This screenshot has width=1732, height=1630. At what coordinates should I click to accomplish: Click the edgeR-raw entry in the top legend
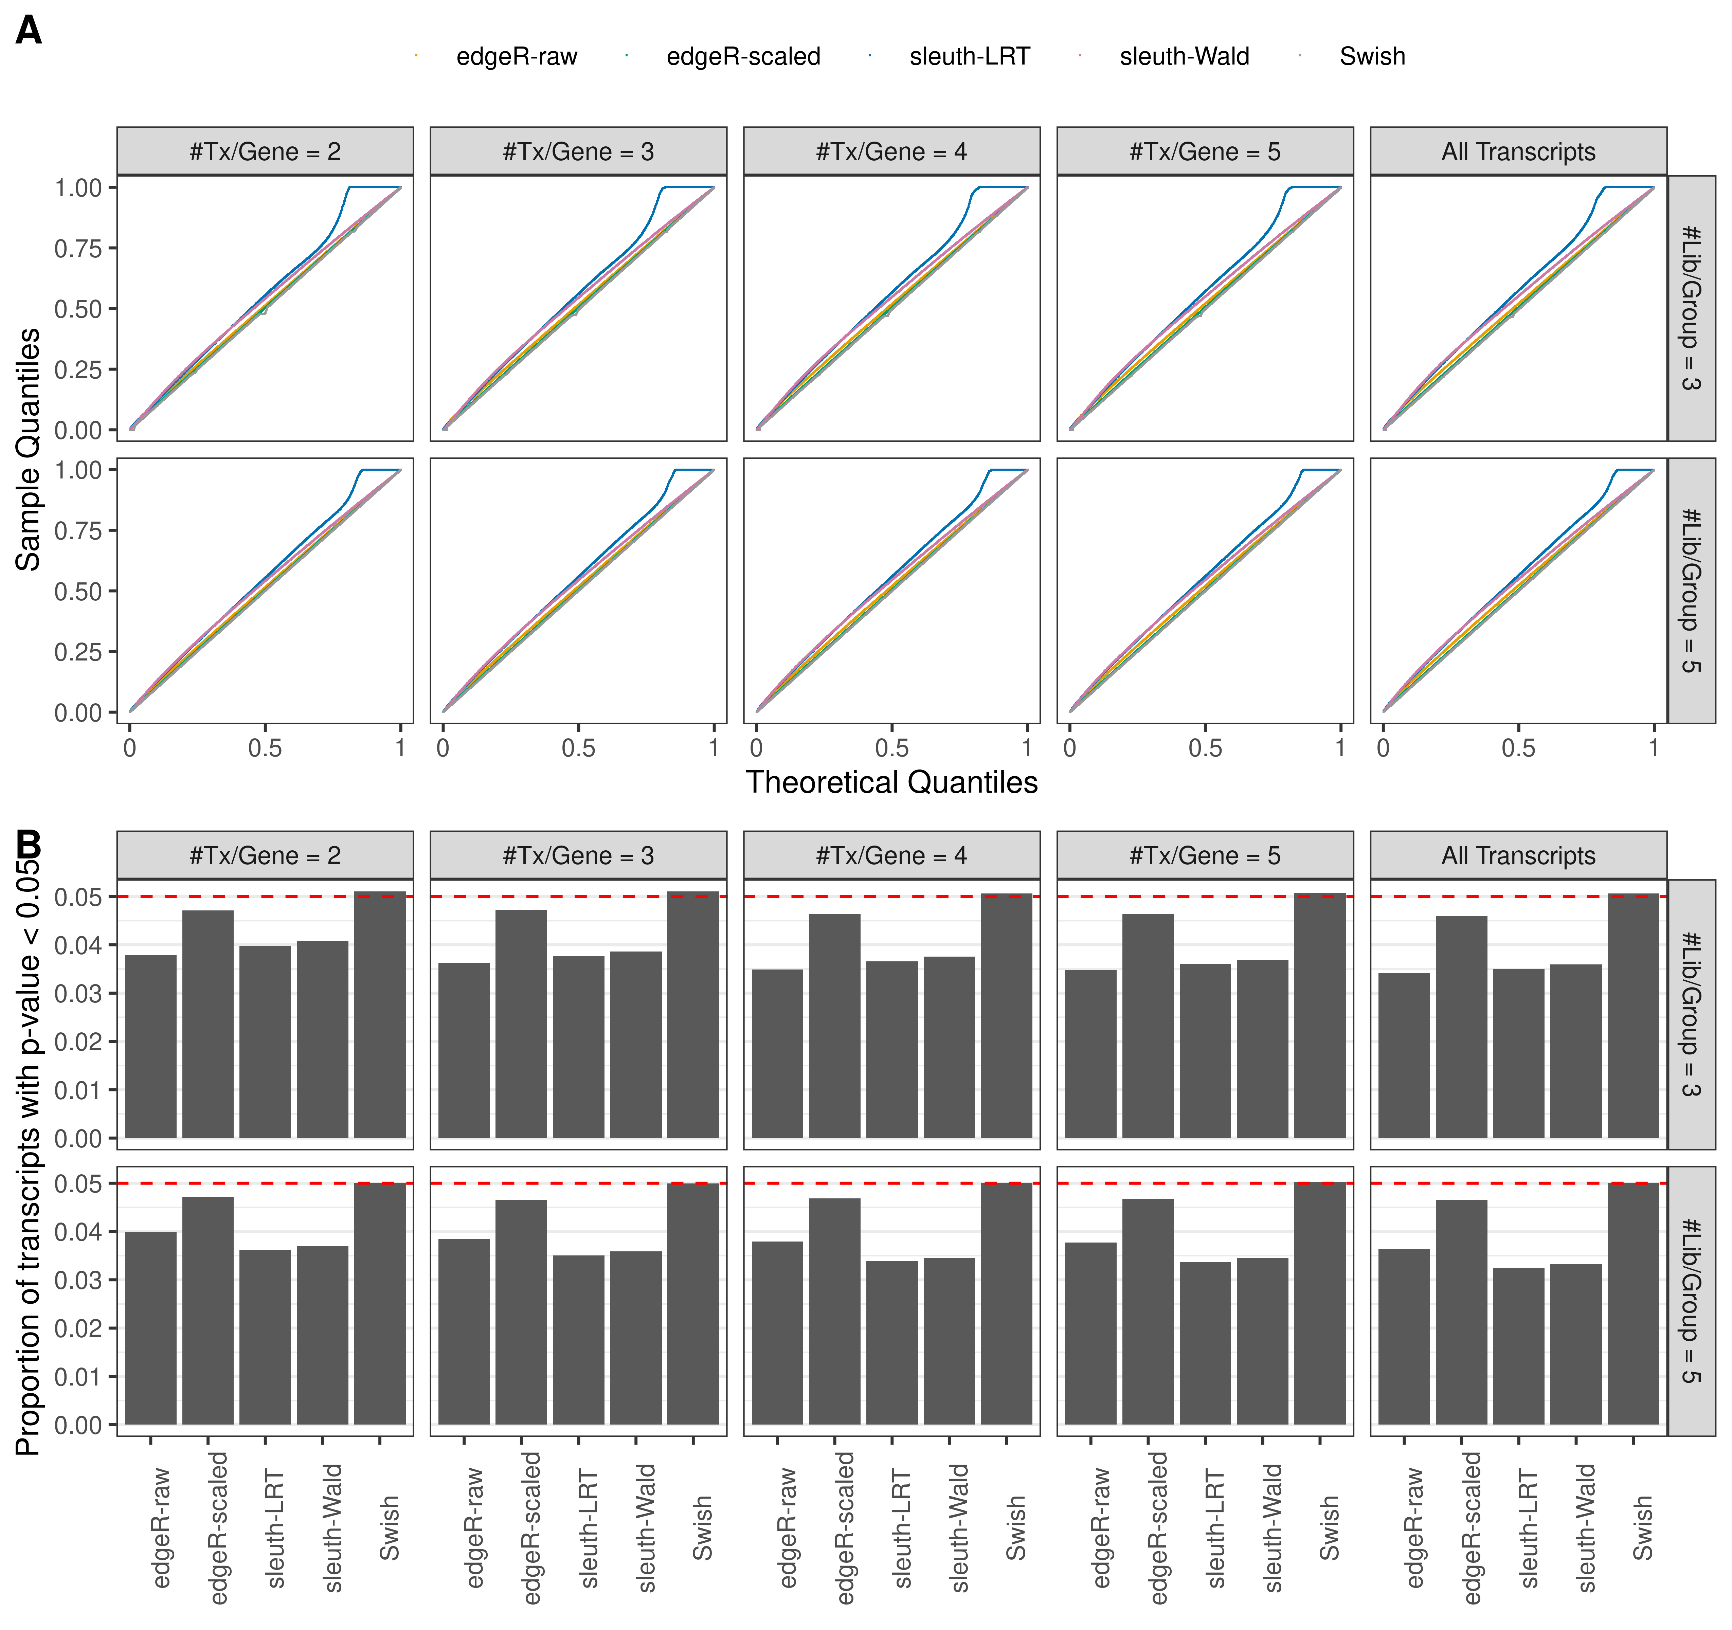point(516,57)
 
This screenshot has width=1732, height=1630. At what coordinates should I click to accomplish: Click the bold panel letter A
point(29,31)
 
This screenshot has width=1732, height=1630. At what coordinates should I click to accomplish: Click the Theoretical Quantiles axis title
point(891,782)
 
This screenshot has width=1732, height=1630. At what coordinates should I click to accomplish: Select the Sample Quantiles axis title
point(29,450)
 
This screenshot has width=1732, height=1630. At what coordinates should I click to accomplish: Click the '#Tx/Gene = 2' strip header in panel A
point(265,151)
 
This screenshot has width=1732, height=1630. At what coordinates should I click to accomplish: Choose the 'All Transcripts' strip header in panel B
point(1518,855)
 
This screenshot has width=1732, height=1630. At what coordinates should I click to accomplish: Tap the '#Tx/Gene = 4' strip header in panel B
point(891,855)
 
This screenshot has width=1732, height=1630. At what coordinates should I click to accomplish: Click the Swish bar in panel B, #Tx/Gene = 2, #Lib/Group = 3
point(380,1015)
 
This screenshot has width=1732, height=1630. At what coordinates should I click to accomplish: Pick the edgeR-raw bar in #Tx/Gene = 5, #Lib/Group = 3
point(1090,1054)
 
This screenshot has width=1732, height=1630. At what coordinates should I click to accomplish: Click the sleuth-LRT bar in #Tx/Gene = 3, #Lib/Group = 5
point(578,1340)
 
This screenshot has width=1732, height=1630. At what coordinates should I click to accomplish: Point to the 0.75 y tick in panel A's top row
point(78,248)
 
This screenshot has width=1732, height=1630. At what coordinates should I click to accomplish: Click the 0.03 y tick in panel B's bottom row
point(78,1280)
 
